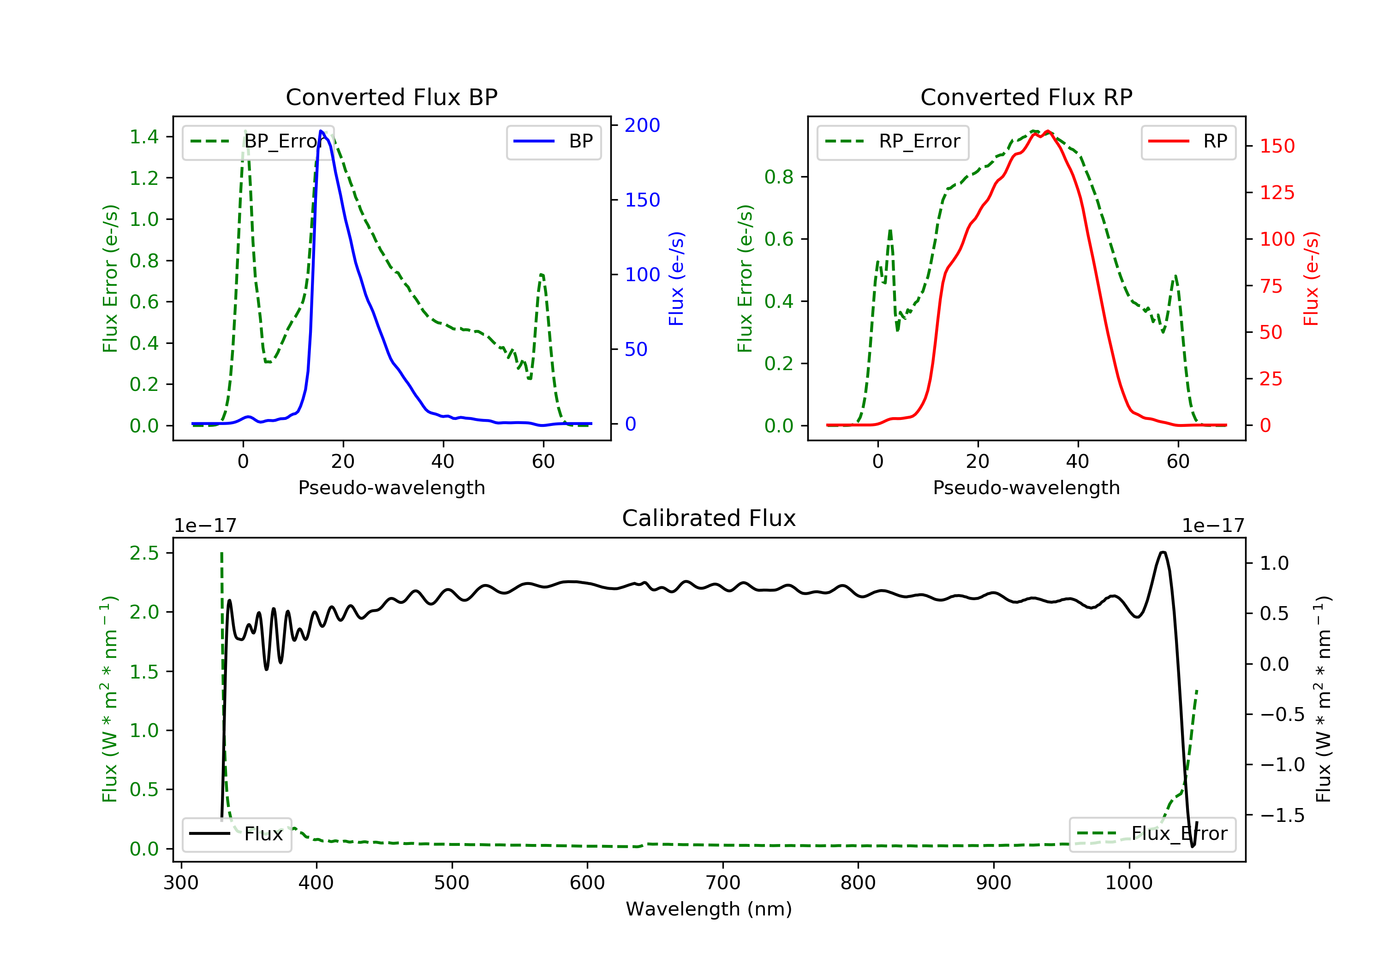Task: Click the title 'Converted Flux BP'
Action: (392, 97)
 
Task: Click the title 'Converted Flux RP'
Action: (1026, 97)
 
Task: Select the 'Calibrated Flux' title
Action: (709, 518)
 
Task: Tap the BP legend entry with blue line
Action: (553, 142)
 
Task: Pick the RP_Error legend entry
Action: (893, 142)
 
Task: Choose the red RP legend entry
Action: (1188, 142)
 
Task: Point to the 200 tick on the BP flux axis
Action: (643, 125)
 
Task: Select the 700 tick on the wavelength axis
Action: (723, 883)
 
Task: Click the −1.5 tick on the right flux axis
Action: (1282, 815)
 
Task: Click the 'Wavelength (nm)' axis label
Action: (709, 909)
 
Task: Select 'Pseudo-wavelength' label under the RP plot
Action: (1026, 487)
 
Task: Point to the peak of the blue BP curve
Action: (321, 131)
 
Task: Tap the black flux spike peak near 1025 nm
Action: (1163, 552)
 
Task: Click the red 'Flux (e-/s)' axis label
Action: (1311, 279)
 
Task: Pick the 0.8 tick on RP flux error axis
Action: (779, 177)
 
